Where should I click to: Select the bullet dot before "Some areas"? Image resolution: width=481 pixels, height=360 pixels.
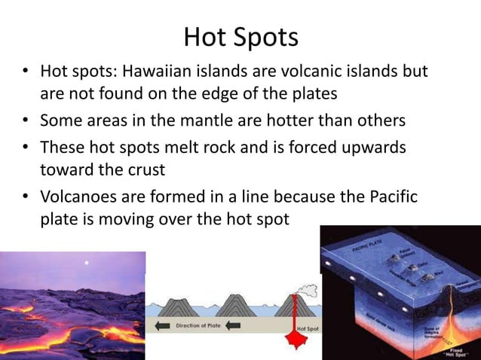point(25,121)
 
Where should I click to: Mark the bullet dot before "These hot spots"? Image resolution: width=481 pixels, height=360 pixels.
point(25,146)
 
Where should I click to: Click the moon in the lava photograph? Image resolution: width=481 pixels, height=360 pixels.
point(87,263)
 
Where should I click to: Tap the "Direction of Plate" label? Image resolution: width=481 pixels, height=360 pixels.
point(198,326)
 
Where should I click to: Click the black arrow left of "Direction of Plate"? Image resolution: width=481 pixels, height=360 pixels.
point(161,326)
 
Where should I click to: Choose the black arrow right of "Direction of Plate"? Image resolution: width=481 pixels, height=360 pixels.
point(234,326)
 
